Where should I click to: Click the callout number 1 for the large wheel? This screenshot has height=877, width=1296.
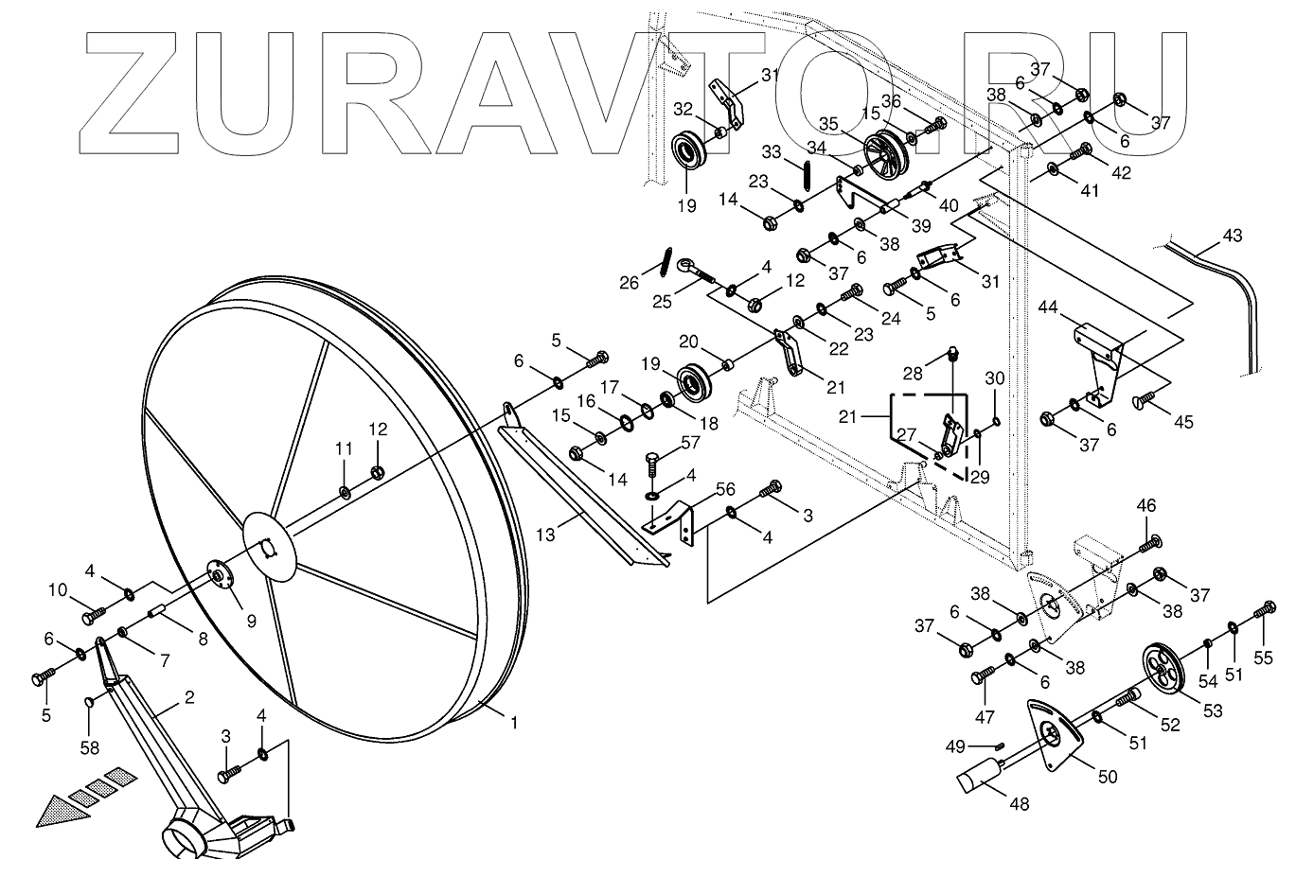click(x=514, y=724)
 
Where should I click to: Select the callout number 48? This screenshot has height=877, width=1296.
click(x=1019, y=804)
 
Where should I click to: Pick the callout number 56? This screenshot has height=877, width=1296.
click(x=726, y=488)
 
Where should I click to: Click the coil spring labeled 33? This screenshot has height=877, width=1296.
click(x=805, y=176)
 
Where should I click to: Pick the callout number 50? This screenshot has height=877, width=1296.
click(x=1108, y=777)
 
